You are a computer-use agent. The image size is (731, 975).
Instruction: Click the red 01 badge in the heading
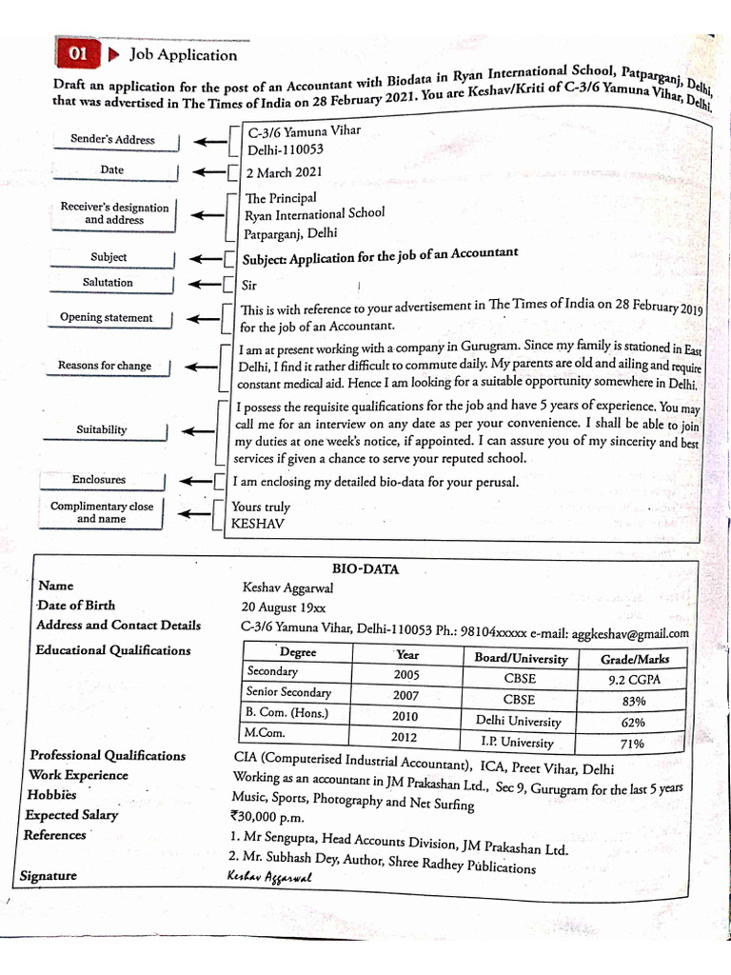coord(77,54)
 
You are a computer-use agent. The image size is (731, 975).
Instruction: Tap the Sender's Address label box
coord(112,140)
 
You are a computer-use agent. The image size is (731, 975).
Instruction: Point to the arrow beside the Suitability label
coord(200,430)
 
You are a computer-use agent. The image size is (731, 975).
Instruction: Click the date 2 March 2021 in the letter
coord(284,172)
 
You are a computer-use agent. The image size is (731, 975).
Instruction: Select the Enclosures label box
coord(99,480)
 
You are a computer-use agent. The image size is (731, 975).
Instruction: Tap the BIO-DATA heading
coord(365,569)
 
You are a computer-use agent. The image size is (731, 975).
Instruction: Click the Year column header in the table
coord(406,655)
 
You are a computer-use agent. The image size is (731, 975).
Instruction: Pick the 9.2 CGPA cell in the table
coord(634,680)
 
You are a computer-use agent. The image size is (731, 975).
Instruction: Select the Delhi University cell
coord(519,722)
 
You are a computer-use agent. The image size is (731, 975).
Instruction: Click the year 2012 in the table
coord(405,736)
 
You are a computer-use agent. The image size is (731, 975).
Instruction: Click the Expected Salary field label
coord(71,815)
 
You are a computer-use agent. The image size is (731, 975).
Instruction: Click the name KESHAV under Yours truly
coord(258,524)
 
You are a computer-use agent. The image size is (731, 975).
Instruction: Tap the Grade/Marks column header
coord(635,659)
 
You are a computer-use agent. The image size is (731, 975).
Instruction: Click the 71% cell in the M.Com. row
coord(632,744)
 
